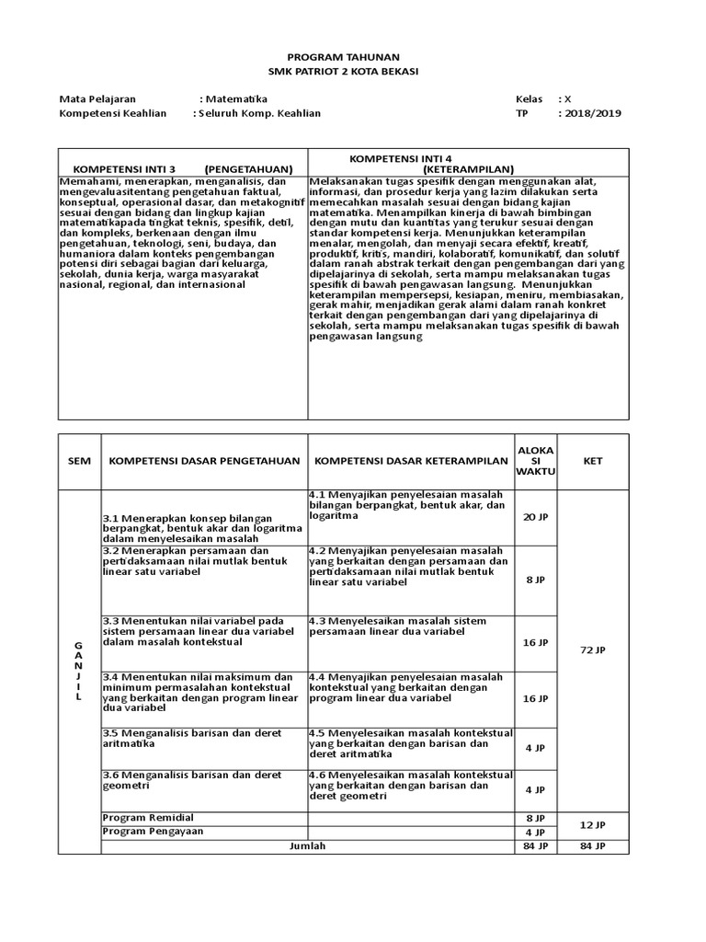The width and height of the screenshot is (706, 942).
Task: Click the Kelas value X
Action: [567, 98]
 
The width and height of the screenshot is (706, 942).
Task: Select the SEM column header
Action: [80, 461]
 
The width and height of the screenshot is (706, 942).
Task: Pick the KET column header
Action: [593, 461]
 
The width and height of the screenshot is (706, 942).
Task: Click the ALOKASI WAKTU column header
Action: [536, 460]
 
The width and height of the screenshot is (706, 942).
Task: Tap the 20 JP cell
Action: [535, 518]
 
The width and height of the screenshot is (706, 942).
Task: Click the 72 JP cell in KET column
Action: [593, 650]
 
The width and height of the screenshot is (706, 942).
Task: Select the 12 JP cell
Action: [593, 824]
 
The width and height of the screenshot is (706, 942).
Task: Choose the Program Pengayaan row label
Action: [153, 831]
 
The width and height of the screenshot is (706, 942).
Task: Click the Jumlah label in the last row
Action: [307, 845]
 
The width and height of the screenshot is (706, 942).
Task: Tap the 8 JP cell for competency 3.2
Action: [535, 580]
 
